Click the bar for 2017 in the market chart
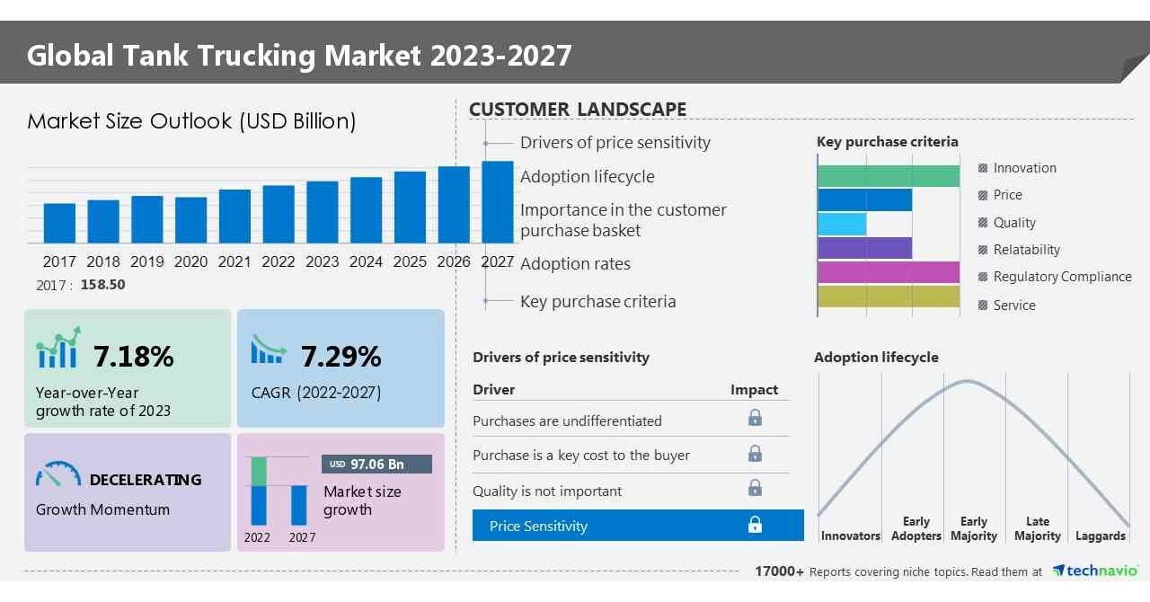59,223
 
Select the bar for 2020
190,220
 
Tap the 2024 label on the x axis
366,261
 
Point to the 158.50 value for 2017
102,284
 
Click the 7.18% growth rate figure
133,357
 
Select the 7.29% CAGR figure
341,357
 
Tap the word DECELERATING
145,480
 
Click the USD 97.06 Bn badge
376,464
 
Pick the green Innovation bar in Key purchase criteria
889,176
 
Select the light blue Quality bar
842,224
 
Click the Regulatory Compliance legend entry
1062,277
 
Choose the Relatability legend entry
1026,250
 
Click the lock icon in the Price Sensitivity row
755,525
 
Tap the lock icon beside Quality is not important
755,488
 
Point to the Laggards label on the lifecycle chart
1100,536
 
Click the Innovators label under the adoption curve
850,536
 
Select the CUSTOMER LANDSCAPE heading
578,110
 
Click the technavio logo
1095,571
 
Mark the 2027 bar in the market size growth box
298,505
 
